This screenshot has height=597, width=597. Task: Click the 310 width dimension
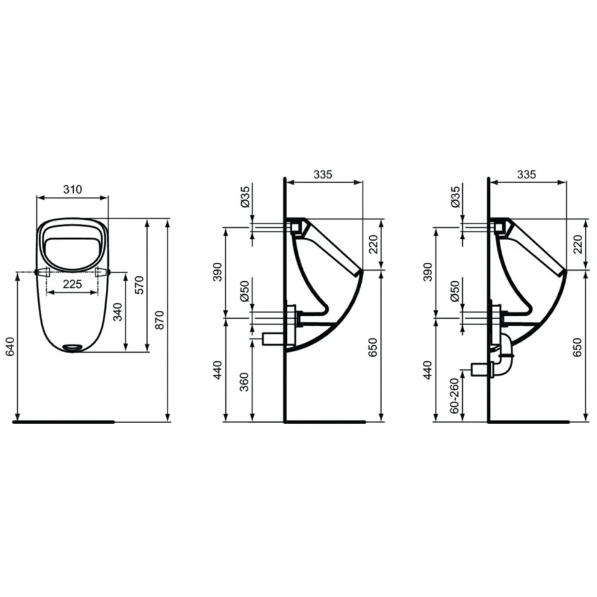click(73, 189)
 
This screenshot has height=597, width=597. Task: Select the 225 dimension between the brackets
click(73, 284)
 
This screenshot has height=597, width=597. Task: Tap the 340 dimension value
click(118, 312)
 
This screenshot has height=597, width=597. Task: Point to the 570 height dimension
click(139, 284)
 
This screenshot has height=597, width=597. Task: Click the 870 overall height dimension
click(160, 320)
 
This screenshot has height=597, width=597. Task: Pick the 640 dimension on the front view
click(10, 347)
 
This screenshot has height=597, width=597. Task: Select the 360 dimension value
click(244, 382)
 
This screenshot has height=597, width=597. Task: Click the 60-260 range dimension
click(455, 396)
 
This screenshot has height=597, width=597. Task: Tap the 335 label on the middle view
click(323, 174)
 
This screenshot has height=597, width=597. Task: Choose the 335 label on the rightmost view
click(527, 174)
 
